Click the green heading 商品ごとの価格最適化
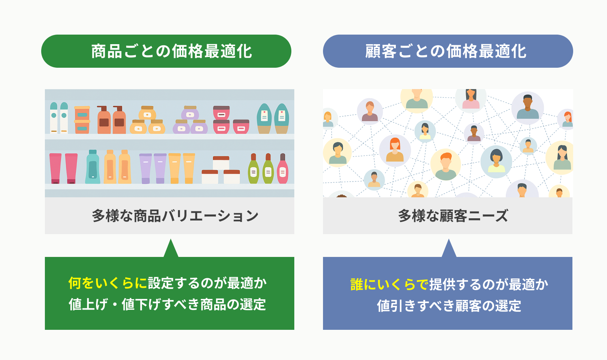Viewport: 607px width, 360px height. pyautogui.click(x=171, y=51)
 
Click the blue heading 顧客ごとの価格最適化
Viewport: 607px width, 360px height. pyautogui.click(x=446, y=51)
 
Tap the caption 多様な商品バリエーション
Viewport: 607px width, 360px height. pyautogui.click(x=175, y=216)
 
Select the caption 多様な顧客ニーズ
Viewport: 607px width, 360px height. pyautogui.click(x=453, y=216)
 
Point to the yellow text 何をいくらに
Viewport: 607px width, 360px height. pyautogui.click(x=107, y=283)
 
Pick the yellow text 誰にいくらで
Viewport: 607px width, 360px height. pyautogui.click(x=390, y=285)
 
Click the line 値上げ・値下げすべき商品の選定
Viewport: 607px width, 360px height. pyautogui.click(x=167, y=304)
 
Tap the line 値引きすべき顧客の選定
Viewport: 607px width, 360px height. pyautogui.click(x=449, y=306)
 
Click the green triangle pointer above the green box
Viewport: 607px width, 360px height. pyautogui.click(x=171, y=248)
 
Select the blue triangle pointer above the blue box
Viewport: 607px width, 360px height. pyautogui.click(x=449, y=248)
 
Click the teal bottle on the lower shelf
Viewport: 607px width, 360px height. pyautogui.click(x=93, y=167)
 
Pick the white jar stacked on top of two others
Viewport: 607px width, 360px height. pyautogui.click(x=221, y=163)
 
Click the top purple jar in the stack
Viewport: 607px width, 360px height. pyautogui.click(x=190, y=113)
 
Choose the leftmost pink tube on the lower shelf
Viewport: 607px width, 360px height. pyautogui.click(x=55, y=168)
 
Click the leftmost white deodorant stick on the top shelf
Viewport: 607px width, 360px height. pyautogui.click(x=54, y=118)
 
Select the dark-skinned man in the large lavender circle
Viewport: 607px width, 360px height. pyautogui.click(x=528, y=107)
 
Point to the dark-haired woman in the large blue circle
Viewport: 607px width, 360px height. pyautogui.click(x=496, y=161)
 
